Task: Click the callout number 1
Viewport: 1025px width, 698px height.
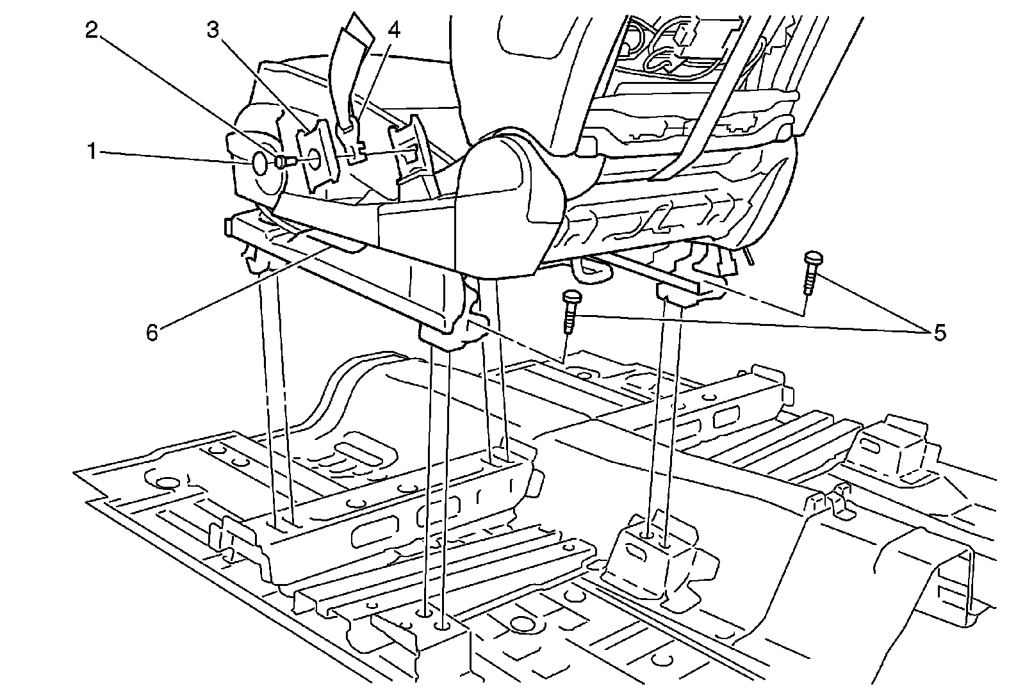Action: pos(92,152)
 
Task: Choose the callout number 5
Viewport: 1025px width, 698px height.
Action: pos(939,332)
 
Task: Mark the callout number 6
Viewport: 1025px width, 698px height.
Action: pos(152,332)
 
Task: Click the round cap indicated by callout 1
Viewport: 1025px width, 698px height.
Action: pos(261,163)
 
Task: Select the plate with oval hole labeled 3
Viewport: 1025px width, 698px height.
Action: pos(315,157)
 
